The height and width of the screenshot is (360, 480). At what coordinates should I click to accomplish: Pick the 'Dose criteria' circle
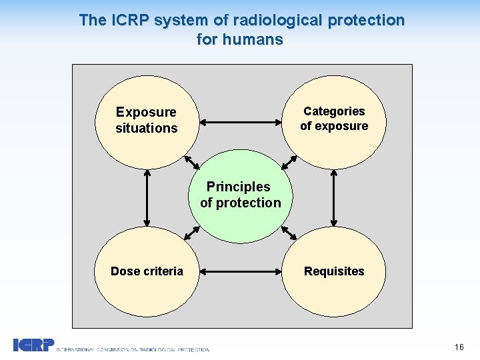(x=147, y=271)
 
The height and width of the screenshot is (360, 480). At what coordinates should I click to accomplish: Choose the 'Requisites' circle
(x=334, y=271)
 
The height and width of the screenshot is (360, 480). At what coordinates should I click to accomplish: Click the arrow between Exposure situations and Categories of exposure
(x=241, y=122)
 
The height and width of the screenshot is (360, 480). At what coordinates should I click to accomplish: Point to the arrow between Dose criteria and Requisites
(x=241, y=271)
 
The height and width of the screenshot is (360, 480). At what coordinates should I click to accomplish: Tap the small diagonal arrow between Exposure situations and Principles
(x=191, y=162)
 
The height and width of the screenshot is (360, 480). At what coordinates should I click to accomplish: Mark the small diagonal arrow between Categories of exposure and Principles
(x=289, y=162)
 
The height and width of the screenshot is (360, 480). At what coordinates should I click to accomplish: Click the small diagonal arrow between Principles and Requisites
(x=289, y=232)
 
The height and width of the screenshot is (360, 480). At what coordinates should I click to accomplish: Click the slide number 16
(x=459, y=347)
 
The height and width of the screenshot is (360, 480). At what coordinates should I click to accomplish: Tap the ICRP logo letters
(x=33, y=345)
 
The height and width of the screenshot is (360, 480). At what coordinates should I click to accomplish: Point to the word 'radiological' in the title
(x=273, y=20)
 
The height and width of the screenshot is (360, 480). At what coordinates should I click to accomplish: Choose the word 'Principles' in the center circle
(x=238, y=187)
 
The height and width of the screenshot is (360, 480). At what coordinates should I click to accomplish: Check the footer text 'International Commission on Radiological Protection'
(x=133, y=349)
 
